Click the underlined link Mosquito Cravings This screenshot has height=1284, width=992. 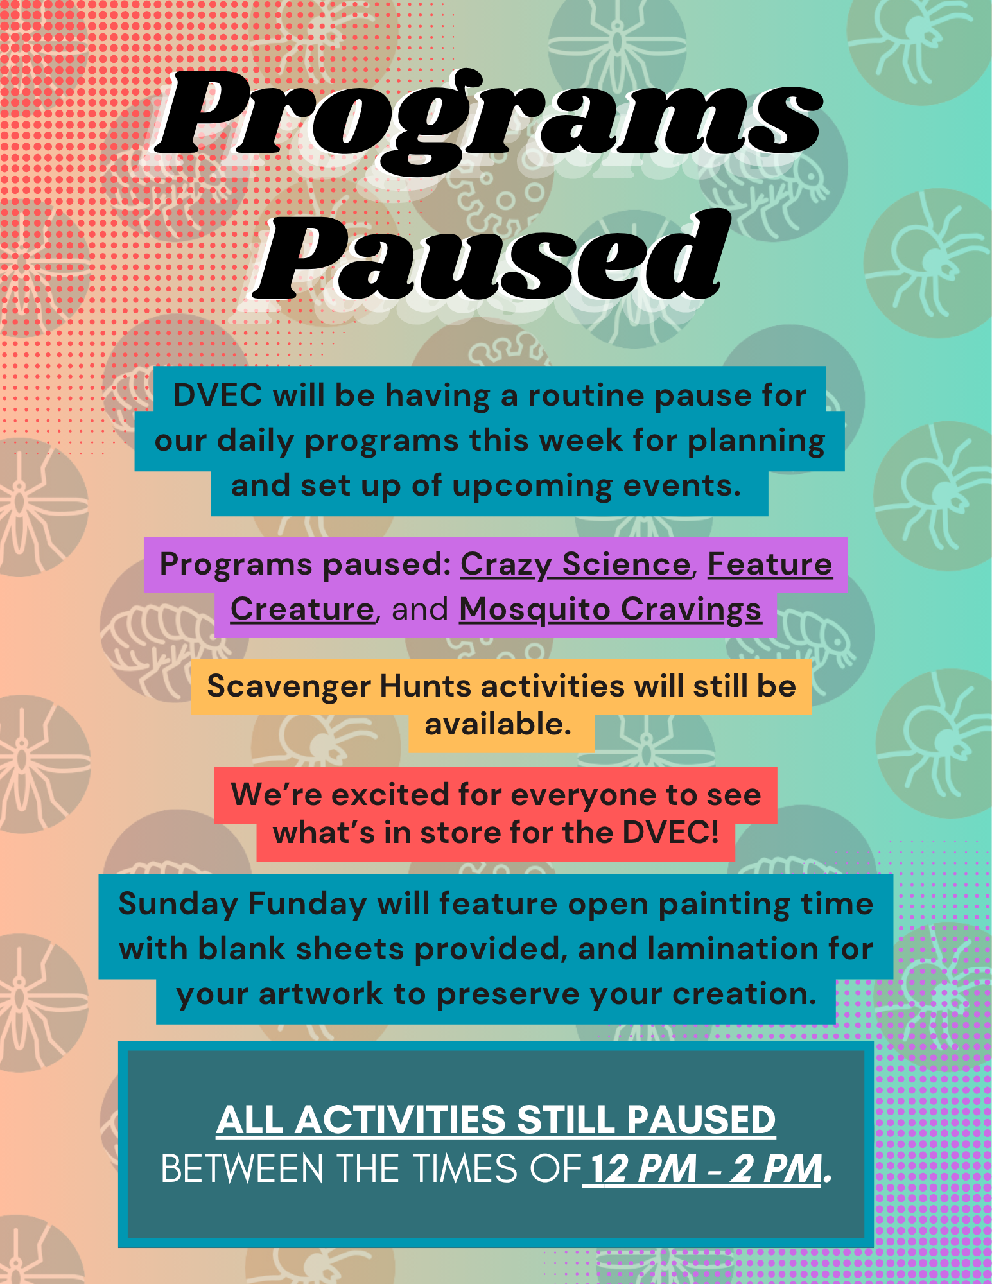(610, 611)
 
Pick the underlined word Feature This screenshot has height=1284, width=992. (770, 565)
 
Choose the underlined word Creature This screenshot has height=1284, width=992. (302, 609)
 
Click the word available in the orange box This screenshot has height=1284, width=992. (498, 724)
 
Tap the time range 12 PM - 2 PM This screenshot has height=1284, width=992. (706, 1168)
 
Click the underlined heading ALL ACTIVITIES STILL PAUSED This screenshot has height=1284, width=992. (496, 1120)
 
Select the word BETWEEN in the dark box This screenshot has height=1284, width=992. (242, 1168)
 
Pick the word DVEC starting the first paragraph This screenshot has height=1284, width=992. (218, 395)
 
